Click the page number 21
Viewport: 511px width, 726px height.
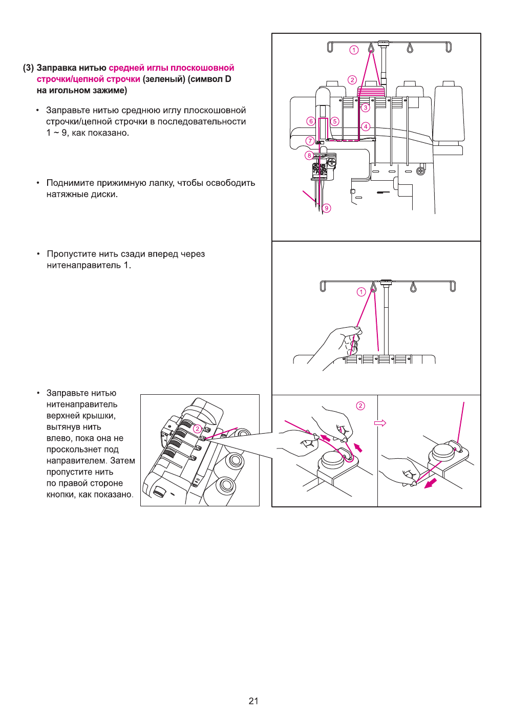click(x=253, y=701)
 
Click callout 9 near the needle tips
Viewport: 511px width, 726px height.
click(x=327, y=208)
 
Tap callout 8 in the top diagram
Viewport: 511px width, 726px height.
click(x=309, y=155)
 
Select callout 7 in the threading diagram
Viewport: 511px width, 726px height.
click(x=310, y=141)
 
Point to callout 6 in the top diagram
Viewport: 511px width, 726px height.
click(x=310, y=121)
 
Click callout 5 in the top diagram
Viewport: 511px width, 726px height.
click(x=334, y=121)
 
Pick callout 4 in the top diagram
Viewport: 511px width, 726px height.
click(x=366, y=126)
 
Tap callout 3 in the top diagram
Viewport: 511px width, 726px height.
click(x=365, y=108)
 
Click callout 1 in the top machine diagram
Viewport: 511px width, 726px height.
click(x=354, y=50)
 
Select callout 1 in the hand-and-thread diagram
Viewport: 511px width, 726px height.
click(x=361, y=292)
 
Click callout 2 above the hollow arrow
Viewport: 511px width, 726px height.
click(x=360, y=405)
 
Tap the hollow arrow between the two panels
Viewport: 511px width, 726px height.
click(x=380, y=423)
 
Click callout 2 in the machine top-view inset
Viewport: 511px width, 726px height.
click(x=197, y=429)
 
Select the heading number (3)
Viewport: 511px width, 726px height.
click(x=28, y=68)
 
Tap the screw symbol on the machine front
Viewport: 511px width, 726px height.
click(x=420, y=171)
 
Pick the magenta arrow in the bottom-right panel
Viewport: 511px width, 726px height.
click(x=431, y=483)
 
